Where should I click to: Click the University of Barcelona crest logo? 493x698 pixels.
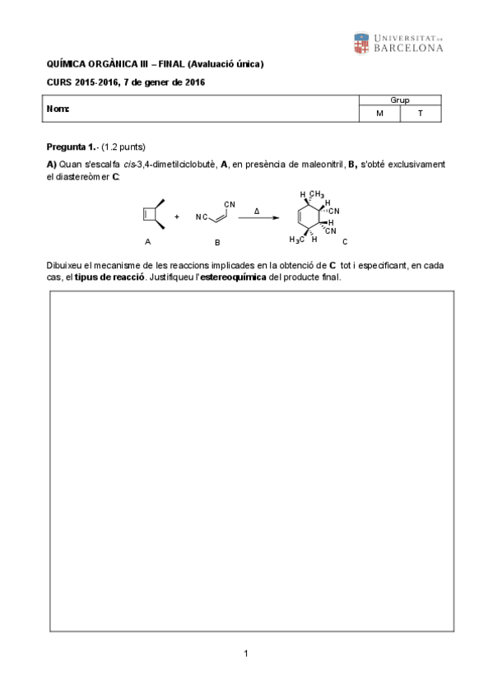click(361, 43)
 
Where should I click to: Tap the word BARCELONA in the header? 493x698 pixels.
click(408, 48)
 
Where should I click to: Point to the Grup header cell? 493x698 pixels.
click(400, 100)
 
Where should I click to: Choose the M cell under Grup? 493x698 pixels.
click(379, 114)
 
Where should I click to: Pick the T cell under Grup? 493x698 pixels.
click(420, 114)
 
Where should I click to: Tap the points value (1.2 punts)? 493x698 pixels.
click(123, 147)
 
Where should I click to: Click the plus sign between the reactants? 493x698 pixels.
click(177, 217)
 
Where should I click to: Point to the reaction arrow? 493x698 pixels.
click(257, 218)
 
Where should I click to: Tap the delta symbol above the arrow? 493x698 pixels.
click(257, 210)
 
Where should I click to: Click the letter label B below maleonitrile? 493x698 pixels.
click(217, 242)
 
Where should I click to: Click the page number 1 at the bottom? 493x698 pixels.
click(246, 654)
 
